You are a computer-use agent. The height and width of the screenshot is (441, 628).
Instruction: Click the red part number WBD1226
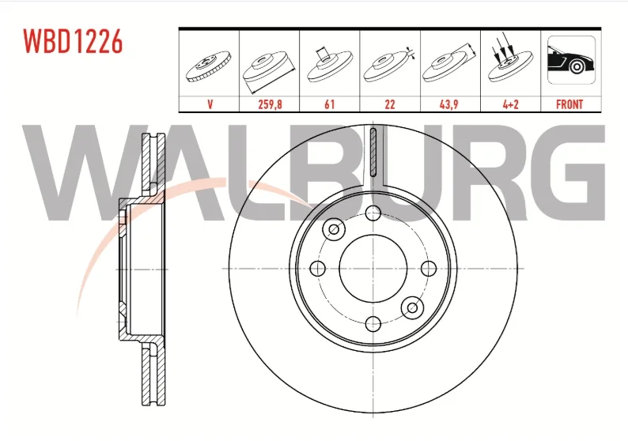(73, 41)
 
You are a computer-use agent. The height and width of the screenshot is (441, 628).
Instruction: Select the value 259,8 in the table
(270, 104)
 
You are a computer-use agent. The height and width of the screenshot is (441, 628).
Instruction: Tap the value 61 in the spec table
(329, 104)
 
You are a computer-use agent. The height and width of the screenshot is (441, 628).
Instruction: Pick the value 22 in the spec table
(390, 104)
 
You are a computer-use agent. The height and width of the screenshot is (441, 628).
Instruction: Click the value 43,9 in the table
(449, 104)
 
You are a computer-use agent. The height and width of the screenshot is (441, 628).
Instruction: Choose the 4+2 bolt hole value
(511, 104)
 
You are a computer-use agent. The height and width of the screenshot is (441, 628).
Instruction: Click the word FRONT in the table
(569, 104)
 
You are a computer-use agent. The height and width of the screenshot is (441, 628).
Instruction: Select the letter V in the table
(210, 104)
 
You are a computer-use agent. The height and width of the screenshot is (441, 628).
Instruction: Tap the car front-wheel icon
(571, 60)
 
